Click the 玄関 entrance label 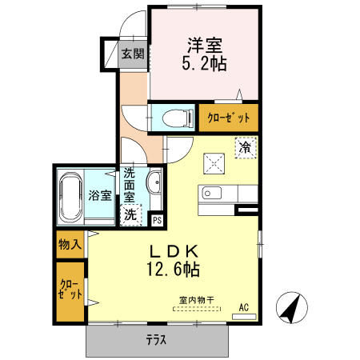point(133,54)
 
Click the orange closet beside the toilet point(229,118)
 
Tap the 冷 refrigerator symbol point(245,147)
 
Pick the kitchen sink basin point(211,193)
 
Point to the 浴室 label point(100,195)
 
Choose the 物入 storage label point(70,244)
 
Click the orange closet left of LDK point(70,291)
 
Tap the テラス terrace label point(156,341)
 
